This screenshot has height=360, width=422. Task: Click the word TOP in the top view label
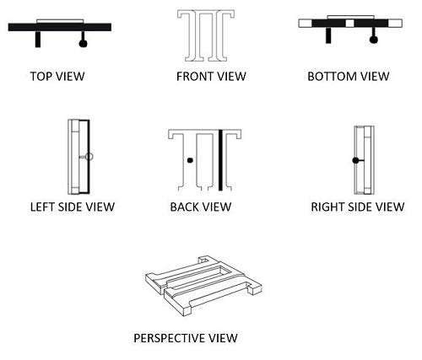[41, 76]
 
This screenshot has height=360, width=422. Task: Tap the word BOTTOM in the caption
[332, 76]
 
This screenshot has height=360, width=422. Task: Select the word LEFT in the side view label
[42, 207]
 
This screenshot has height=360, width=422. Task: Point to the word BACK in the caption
[184, 207]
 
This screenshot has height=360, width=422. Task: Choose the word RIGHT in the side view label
[327, 207]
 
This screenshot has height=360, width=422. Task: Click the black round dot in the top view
[83, 43]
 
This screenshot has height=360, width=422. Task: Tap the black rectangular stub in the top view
[38, 39]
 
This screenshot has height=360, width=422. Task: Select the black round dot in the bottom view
[374, 40]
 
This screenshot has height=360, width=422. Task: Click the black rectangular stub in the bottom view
[328, 35]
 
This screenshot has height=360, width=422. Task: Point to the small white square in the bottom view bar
[349, 23]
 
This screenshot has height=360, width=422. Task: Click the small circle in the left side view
[89, 157]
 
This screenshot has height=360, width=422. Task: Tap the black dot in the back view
[190, 160]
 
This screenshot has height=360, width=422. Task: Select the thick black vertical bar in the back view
[220, 159]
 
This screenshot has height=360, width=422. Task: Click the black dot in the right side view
[355, 160]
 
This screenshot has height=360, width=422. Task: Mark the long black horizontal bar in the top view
[60, 27]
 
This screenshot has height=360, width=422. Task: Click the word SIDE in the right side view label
[360, 207]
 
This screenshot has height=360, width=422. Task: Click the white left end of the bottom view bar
[306, 23]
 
